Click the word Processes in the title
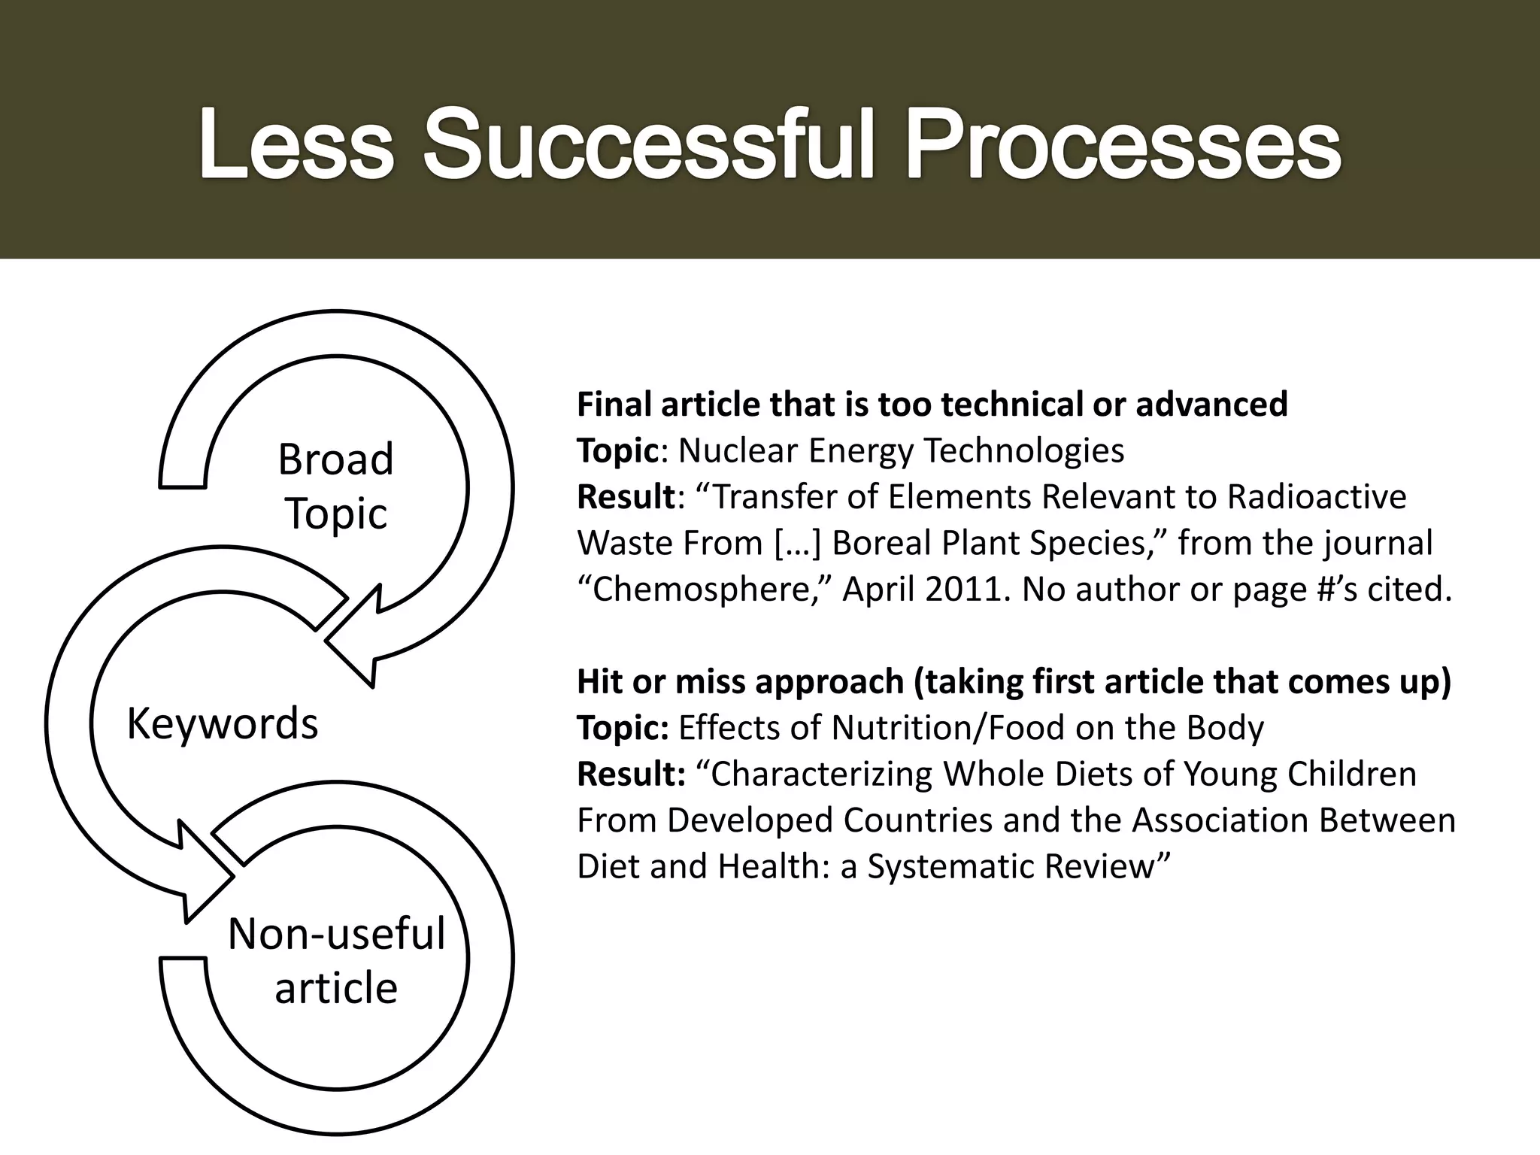(1123, 143)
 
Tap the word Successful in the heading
(648, 143)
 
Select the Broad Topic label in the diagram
(335, 486)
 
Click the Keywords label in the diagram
(223, 723)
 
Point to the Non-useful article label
(336, 960)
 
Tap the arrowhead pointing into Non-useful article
(199, 872)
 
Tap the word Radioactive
(1316, 496)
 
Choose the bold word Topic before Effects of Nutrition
(622, 728)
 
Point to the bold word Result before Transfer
(626, 496)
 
